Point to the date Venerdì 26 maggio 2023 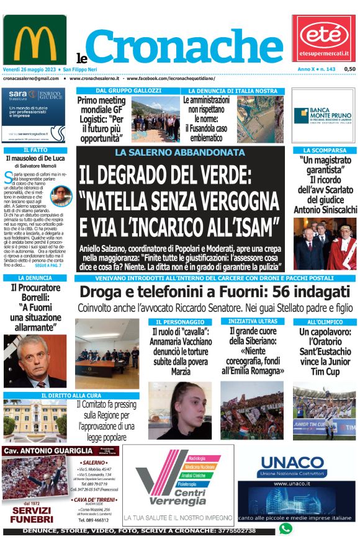29,69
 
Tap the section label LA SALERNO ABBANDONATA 180,152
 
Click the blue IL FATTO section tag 35,150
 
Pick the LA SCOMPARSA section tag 325,150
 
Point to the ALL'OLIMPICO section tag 325,322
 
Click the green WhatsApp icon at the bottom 286,529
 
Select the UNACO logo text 292,463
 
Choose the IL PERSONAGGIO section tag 180,322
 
